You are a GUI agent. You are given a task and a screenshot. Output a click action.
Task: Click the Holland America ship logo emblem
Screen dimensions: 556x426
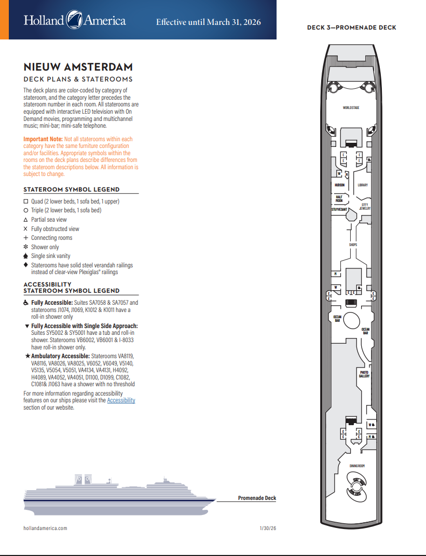(x=74, y=21)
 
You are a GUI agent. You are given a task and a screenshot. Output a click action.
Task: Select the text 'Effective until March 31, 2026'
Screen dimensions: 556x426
(x=208, y=22)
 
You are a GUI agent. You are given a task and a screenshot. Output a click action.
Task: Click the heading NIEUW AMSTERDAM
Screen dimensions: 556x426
(x=78, y=67)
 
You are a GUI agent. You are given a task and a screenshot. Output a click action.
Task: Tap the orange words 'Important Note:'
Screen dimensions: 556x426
(x=43, y=139)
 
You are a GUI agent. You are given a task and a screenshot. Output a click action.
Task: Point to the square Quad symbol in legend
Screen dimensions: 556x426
(x=26, y=201)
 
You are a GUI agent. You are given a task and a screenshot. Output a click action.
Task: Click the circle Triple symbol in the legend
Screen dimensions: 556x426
(x=26, y=210)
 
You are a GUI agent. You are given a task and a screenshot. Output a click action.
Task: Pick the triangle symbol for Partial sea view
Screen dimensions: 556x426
(x=26, y=220)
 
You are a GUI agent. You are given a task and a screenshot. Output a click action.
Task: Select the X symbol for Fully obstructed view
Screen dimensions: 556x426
(x=26, y=229)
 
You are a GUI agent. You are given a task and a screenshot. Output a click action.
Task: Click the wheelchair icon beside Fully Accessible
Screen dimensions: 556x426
(x=26, y=303)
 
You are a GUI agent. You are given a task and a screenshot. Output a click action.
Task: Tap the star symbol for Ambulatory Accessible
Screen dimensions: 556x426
(x=27, y=356)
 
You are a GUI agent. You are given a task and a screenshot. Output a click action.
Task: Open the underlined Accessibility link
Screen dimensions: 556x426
(x=121, y=400)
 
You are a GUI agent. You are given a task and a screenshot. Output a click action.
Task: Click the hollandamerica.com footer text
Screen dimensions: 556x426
(x=45, y=528)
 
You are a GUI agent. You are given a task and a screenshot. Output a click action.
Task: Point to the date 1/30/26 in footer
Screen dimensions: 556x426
(x=268, y=528)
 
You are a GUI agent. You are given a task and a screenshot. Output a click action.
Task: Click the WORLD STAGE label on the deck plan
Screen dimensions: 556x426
(x=351, y=108)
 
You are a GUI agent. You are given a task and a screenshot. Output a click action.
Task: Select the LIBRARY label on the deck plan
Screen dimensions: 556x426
(x=363, y=185)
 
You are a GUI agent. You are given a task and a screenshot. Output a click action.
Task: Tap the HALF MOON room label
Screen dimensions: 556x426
(x=339, y=198)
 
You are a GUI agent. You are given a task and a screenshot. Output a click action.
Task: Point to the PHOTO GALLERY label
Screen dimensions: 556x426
(x=364, y=374)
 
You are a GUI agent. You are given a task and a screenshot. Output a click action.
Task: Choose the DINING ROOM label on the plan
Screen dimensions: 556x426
(x=357, y=466)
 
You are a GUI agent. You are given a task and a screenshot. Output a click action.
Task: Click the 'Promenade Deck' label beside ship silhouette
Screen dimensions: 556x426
(x=257, y=498)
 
